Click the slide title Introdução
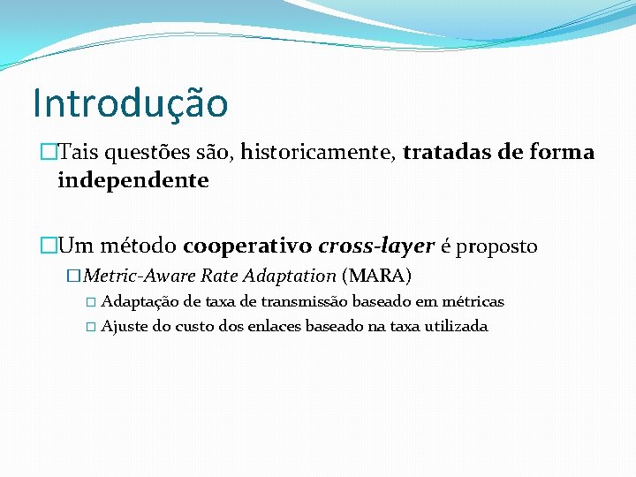[130, 102]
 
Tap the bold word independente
[133, 181]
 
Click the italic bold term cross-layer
[376, 246]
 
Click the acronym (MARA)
[376, 275]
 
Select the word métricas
[473, 302]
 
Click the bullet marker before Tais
[48, 153]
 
